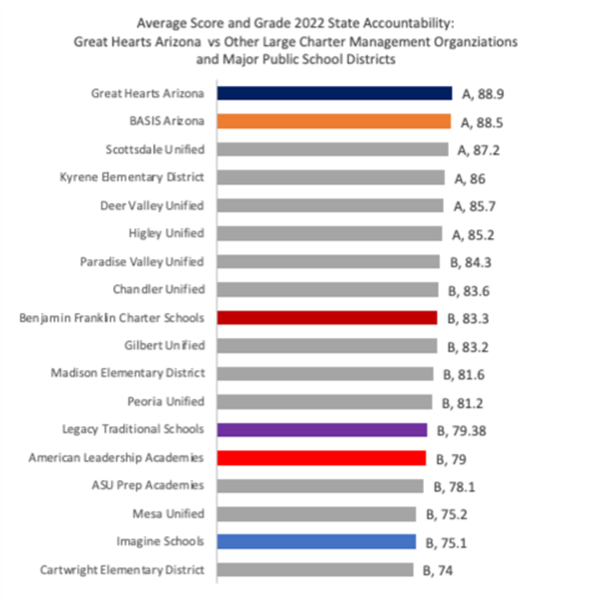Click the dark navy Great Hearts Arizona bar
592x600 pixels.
[x=334, y=93]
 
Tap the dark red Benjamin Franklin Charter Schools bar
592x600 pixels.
[x=327, y=317]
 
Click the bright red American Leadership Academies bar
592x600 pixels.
[x=322, y=458]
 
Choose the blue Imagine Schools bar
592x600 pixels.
[x=317, y=542]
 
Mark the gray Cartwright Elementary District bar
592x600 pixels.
[x=315, y=570]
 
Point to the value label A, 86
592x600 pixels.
[x=470, y=178]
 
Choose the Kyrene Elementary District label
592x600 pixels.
[x=132, y=177]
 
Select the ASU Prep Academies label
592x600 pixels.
[x=147, y=485]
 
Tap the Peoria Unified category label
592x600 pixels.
[x=167, y=401]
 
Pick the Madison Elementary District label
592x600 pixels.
[x=127, y=374]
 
